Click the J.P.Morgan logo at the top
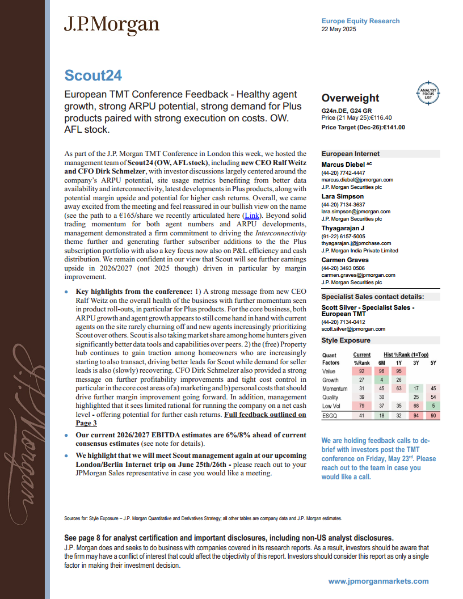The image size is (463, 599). (x=111, y=24)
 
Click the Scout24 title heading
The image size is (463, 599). (x=92, y=75)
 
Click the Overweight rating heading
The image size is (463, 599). (x=350, y=98)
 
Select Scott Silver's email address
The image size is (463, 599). (x=353, y=328)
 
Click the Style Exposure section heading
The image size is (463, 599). (x=346, y=340)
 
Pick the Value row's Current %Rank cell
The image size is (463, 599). (x=361, y=371)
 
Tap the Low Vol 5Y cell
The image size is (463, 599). (x=433, y=406)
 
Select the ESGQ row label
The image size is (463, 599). (x=330, y=415)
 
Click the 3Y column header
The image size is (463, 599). (x=416, y=362)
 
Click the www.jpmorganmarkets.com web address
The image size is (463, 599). (x=378, y=581)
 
